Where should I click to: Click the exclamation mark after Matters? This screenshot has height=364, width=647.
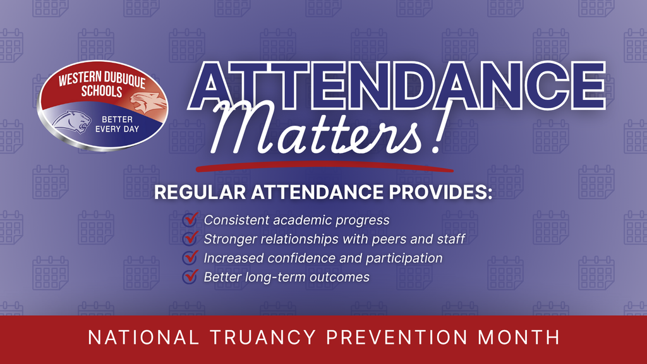coord(433,134)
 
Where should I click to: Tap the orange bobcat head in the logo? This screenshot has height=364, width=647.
coord(148,100)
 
